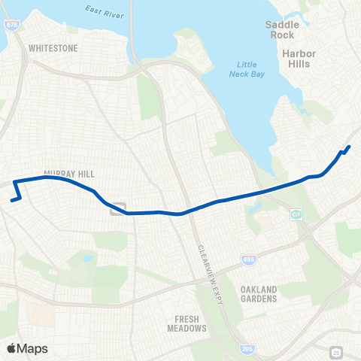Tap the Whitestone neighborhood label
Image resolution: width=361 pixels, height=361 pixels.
[x=53, y=47]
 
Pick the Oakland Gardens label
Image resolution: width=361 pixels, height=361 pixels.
[x=258, y=294]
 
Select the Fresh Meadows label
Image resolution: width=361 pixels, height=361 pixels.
[x=187, y=323]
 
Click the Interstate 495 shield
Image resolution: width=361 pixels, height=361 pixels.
[x=248, y=259]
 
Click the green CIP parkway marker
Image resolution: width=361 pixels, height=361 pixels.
[x=296, y=214]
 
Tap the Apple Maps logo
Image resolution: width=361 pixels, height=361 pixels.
[x=27, y=348]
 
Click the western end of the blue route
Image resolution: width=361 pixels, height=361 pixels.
[x=11, y=200]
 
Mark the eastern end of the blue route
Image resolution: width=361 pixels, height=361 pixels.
[x=350, y=146]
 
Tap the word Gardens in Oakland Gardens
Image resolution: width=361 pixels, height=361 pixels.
[x=258, y=299]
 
